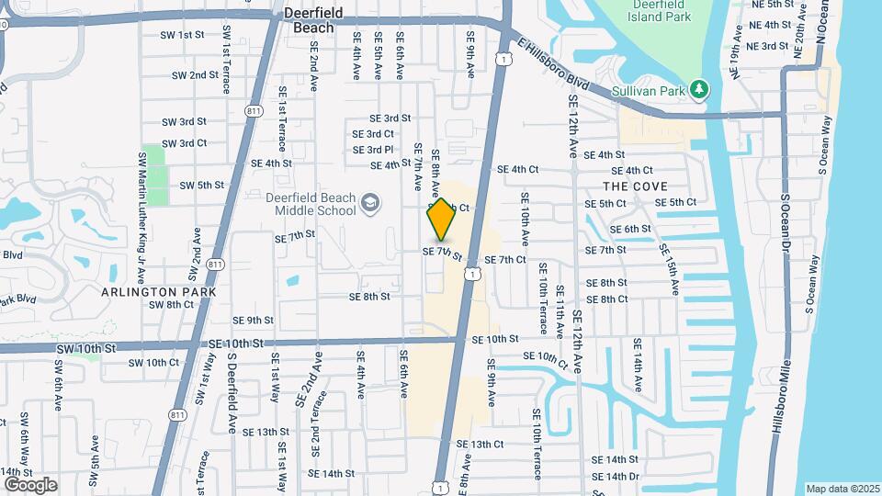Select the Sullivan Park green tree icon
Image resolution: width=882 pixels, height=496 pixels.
(700, 88)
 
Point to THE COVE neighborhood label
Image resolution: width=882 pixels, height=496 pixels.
(636, 186)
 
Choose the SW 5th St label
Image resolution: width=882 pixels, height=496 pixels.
(202, 185)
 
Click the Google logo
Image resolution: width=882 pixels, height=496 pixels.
(30, 484)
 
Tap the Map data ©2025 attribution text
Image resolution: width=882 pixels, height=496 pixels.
(842, 489)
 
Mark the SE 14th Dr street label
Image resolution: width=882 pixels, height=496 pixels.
(616, 476)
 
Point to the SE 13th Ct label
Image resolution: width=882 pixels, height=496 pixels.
(481, 444)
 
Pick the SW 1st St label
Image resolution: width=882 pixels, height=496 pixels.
(182, 35)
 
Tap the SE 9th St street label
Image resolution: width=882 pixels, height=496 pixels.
(254, 320)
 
